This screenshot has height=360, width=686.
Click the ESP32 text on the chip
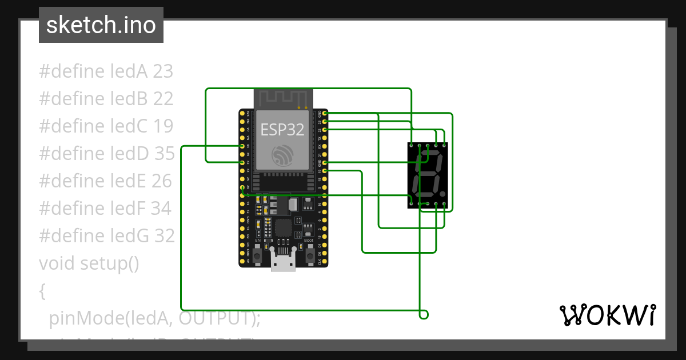point(282,129)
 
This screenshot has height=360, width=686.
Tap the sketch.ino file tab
point(101,25)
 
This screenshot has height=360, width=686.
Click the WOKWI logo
point(607,315)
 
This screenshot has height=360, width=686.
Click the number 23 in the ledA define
point(163,71)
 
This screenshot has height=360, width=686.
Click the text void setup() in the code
point(89,263)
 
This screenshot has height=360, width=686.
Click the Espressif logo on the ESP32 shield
point(283,155)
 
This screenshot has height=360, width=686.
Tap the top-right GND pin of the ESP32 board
point(325,114)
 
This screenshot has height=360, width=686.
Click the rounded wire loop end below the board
point(424,315)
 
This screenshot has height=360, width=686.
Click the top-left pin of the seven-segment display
point(412,146)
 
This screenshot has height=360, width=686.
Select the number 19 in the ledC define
point(163,126)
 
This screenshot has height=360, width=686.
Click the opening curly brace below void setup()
point(42,291)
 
